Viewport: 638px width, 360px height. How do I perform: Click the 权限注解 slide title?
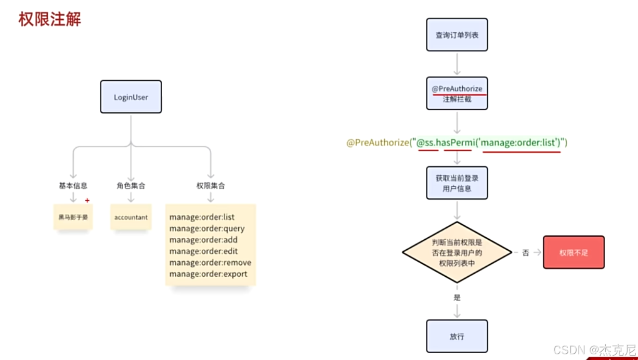[50, 20]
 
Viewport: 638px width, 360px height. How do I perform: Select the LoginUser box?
[131, 97]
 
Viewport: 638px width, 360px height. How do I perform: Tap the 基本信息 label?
[73, 186]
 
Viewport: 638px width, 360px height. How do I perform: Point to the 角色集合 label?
[131, 186]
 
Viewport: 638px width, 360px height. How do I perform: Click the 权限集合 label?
[211, 186]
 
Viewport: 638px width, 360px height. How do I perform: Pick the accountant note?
[131, 217]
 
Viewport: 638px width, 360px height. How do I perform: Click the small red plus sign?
[87, 200]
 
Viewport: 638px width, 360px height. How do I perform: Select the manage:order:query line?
[207, 228]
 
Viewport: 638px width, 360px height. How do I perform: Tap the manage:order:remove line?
[210, 263]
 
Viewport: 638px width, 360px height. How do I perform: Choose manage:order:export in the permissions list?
[209, 274]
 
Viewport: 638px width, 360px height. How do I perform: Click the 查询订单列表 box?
[457, 35]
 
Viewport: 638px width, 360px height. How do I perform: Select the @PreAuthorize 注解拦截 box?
[457, 94]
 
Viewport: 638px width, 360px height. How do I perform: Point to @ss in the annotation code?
[427, 142]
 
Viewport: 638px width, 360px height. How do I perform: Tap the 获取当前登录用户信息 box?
[457, 183]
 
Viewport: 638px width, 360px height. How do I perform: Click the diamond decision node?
[457, 253]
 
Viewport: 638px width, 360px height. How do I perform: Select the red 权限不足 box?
[574, 252]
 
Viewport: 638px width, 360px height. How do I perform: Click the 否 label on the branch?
[526, 252]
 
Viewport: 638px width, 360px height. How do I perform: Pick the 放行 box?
[457, 337]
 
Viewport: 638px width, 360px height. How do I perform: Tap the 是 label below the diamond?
[457, 298]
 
